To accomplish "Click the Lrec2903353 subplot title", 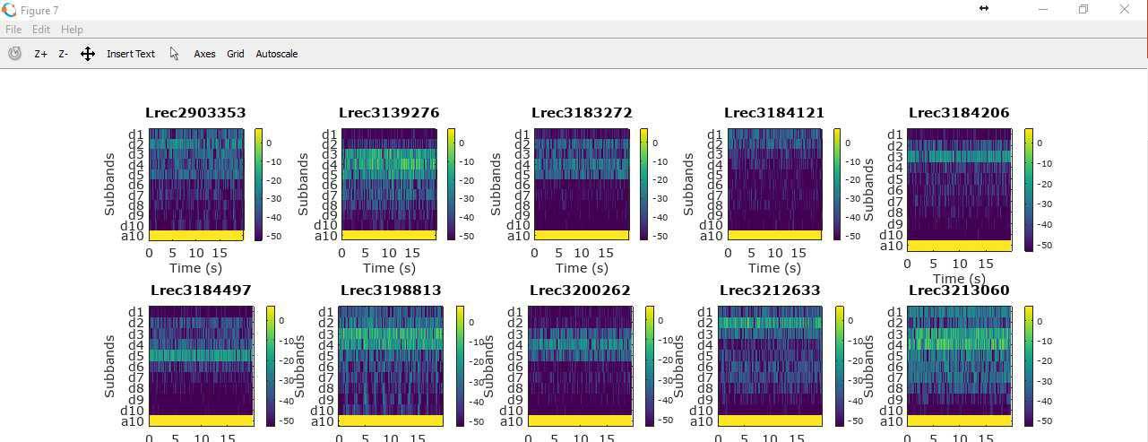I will [x=195, y=113].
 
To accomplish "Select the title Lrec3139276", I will [x=389, y=113].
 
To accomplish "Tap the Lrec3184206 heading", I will [x=959, y=113].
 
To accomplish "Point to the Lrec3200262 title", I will [x=580, y=290].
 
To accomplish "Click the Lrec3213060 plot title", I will [x=959, y=290].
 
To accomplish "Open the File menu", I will [x=13, y=30].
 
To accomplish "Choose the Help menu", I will [x=72, y=30].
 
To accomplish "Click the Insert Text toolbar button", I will [x=131, y=54].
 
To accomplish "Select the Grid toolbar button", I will [x=236, y=54].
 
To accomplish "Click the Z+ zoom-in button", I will [x=41, y=54].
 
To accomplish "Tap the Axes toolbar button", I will [x=204, y=54].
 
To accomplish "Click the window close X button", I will [x=1125, y=9].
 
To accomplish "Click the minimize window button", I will [x=1043, y=9].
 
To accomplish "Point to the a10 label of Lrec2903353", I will [x=133, y=236].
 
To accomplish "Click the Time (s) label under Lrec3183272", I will [x=582, y=268].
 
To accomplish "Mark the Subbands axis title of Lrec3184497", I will [x=110, y=367].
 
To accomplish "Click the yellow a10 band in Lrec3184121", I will [x=774, y=236].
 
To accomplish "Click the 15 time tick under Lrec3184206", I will [x=986, y=264].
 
